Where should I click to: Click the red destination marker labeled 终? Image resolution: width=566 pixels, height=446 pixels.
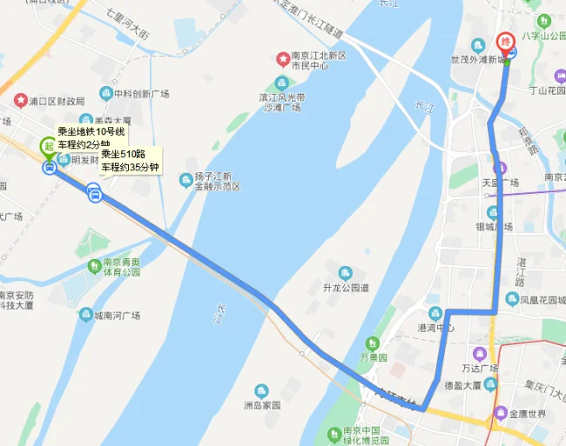505,42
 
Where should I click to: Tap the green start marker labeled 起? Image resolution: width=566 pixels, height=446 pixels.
49,146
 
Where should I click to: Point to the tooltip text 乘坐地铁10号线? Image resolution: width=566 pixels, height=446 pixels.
91,132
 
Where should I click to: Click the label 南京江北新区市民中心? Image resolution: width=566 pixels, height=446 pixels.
313,60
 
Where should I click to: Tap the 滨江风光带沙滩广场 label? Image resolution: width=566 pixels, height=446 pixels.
280,103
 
